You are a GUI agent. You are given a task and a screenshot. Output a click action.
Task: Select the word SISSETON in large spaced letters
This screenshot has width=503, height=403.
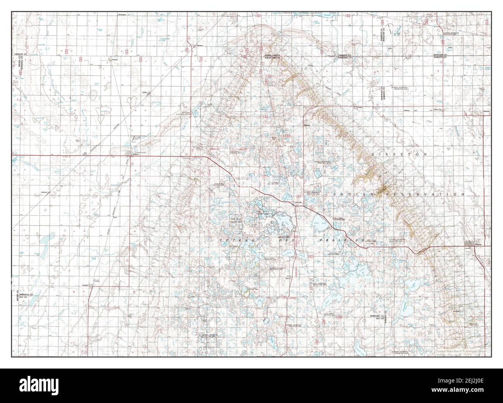click(x=399, y=154)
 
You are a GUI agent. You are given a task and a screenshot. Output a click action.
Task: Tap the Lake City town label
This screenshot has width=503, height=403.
click(x=296, y=202)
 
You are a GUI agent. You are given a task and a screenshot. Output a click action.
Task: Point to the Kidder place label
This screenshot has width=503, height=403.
click(x=145, y=93)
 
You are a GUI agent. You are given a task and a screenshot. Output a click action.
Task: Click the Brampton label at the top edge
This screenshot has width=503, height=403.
click(x=123, y=14)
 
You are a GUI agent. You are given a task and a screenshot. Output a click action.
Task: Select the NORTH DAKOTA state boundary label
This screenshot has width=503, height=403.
click(x=272, y=55)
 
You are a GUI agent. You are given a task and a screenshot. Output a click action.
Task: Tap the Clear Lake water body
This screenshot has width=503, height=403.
click(x=318, y=223)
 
